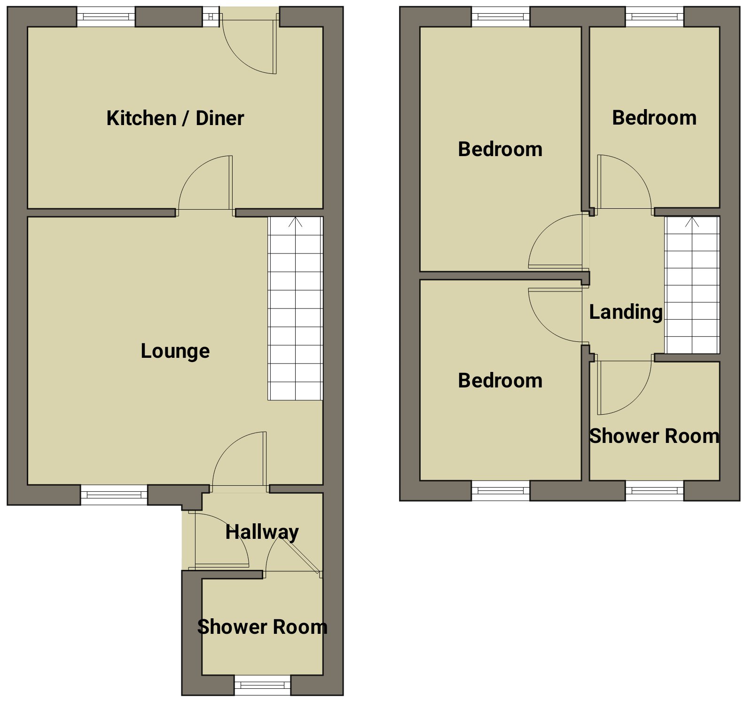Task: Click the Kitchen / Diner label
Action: [x=175, y=118]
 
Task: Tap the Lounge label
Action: [x=175, y=351]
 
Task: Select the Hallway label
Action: [x=262, y=532]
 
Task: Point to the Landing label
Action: [x=626, y=312]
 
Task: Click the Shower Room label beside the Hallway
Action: [x=262, y=627]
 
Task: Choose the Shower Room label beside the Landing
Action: [x=654, y=436]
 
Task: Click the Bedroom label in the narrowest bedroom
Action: [x=654, y=118]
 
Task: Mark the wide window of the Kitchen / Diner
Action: [x=106, y=17]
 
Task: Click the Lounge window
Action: [x=114, y=495]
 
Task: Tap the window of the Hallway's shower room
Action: [x=262, y=685]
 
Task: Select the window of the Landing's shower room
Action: [x=654, y=490]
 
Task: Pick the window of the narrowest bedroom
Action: [x=654, y=17]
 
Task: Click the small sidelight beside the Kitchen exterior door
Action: [x=211, y=17]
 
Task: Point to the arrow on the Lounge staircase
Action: [x=295, y=222]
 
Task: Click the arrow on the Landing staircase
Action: [x=692, y=222]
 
